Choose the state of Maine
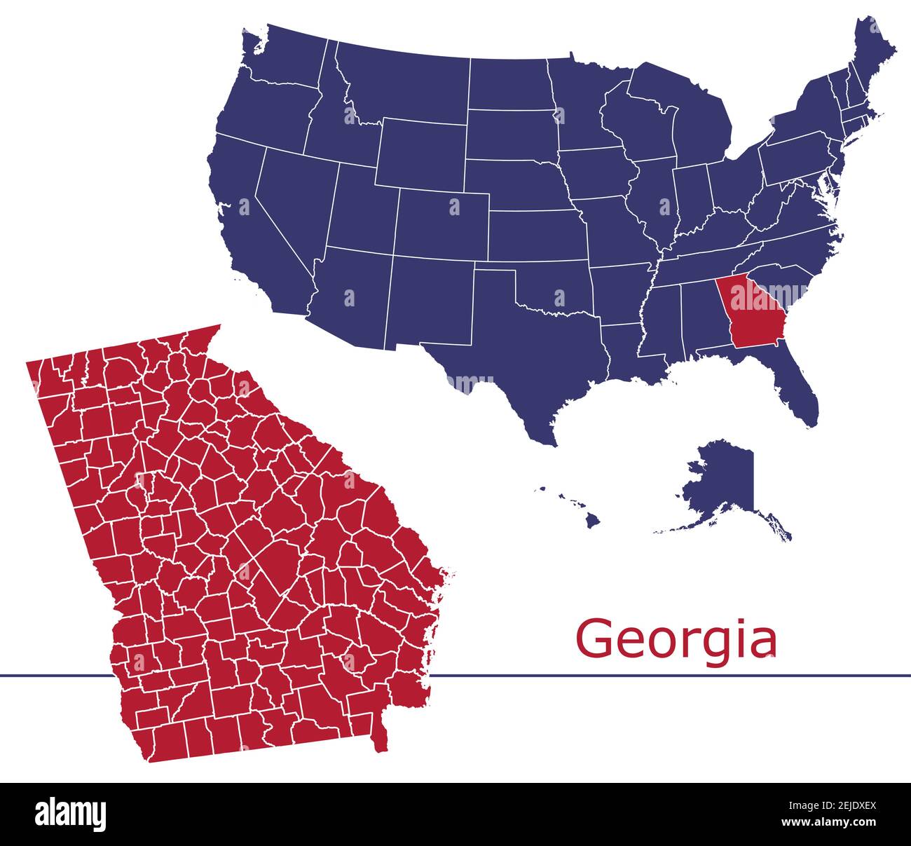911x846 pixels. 872,53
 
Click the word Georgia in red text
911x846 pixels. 676,639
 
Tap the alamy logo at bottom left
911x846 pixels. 71,814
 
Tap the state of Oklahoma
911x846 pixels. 554,287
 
